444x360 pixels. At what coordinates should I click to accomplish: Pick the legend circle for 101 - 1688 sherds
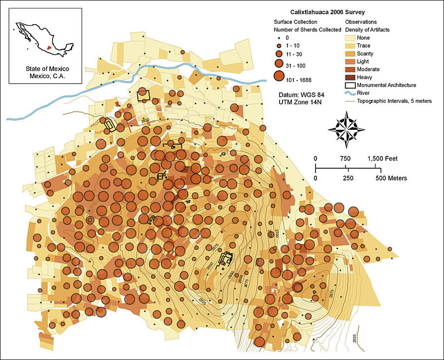pyautogui.click(x=279, y=76)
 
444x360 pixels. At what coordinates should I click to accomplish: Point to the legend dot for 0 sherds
pyautogui.click(x=279, y=37)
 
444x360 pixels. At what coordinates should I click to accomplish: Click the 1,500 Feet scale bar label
pyautogui.click(x=382, y=158)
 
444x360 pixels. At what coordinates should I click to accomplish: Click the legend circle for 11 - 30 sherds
pyautogui.click(x=279, y=53)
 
